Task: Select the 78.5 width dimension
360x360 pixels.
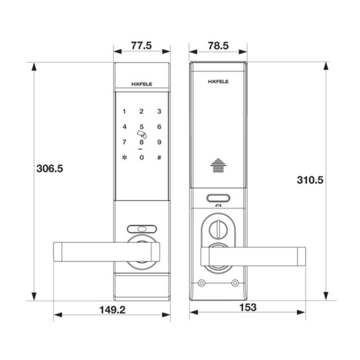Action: click(219, 46)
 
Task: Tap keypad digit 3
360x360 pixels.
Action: click(159, 110)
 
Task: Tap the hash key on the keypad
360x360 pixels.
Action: click(159, 157)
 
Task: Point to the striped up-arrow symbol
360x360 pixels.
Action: click(219, 166)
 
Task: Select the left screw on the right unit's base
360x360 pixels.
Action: click(201, 282)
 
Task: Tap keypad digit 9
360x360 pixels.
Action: click(159, 142)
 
